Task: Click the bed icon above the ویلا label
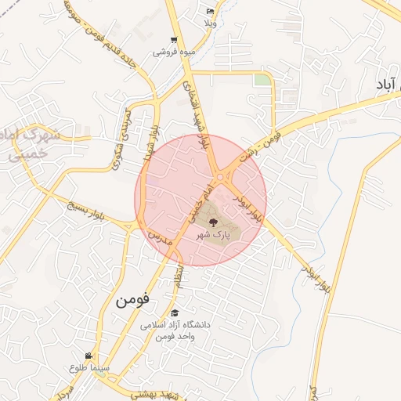[x=209, y=11]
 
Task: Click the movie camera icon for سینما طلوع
[x=98, y=356]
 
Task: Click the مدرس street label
[x=156, y=235]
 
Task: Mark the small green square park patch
[x=262, y=80]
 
